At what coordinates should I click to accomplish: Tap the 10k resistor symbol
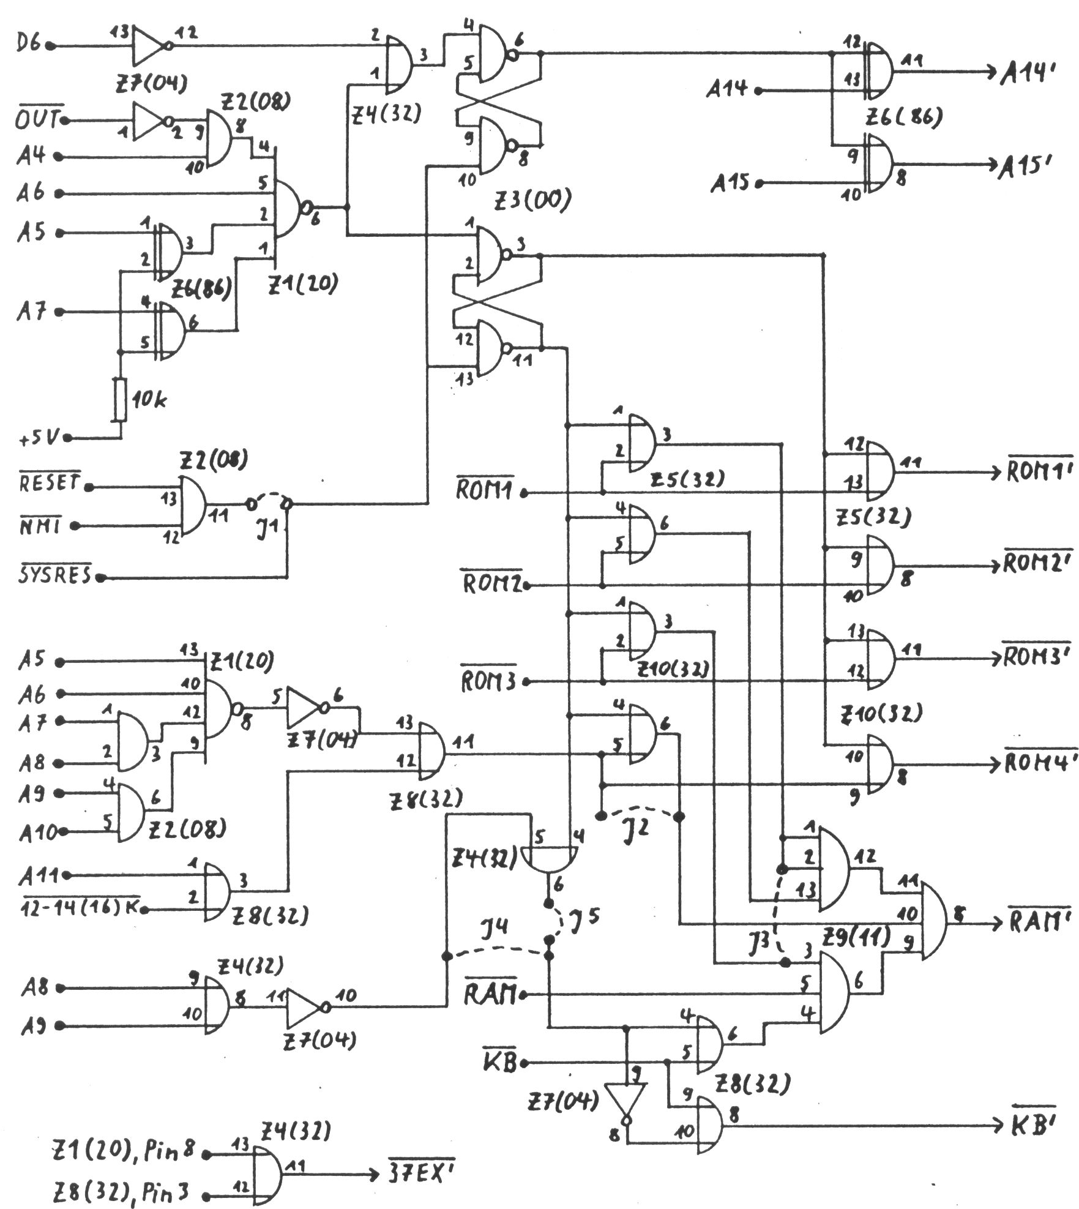pos(120,400)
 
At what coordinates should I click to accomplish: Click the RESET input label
pos(50,484)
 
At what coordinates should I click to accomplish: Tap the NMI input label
pos(42,525)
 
